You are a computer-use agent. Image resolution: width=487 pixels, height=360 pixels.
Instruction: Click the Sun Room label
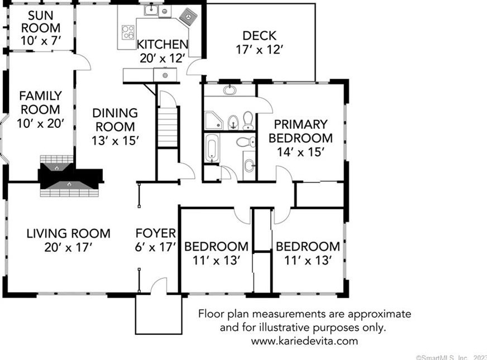pyautogui.click(x=41, y=21)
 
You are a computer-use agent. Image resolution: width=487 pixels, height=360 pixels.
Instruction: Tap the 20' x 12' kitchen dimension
pyautogui.click(x=163, y=58)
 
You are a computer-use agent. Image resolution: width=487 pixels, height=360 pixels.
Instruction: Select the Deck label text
pyautogui.click(x=259, y=36)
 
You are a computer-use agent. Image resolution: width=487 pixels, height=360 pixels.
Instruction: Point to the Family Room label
pyautogui.click(x=40, y=102)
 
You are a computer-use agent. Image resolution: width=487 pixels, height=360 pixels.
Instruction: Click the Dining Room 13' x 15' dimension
pyautogui.click(x=115, y=141)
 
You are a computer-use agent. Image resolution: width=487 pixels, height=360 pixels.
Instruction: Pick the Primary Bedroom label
pyautogui.click(x=300, y=131)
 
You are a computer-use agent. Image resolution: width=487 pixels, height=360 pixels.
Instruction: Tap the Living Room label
pyautogui.click(x=68, y=233)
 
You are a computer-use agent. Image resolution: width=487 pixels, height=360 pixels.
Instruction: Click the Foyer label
pyautogui.click(x=156, y=233)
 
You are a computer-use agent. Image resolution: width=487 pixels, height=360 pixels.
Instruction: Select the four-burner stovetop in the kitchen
pyautogui.click(x=128, y=32)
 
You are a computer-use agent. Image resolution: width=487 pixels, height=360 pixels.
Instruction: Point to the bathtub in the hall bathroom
pyautogui.click(x=212, y=147)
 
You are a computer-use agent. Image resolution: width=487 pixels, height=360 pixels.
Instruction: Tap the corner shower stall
pyautogui.click(x=214, y=120)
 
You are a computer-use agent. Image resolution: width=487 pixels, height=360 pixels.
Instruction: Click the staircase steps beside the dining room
pyautogui.click(x=168, y=127)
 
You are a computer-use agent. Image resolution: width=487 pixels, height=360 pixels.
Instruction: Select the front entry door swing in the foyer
pyautogui.click(x=159, y=286)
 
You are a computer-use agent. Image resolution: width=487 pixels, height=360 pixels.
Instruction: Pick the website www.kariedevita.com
pyautogui.click(x=304, y=341)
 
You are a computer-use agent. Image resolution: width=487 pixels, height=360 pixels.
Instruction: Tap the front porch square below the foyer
pyautogui.click(x=159, y=314)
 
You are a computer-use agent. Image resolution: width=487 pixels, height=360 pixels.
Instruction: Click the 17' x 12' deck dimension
pyautogui.click(x=259, y=50)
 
